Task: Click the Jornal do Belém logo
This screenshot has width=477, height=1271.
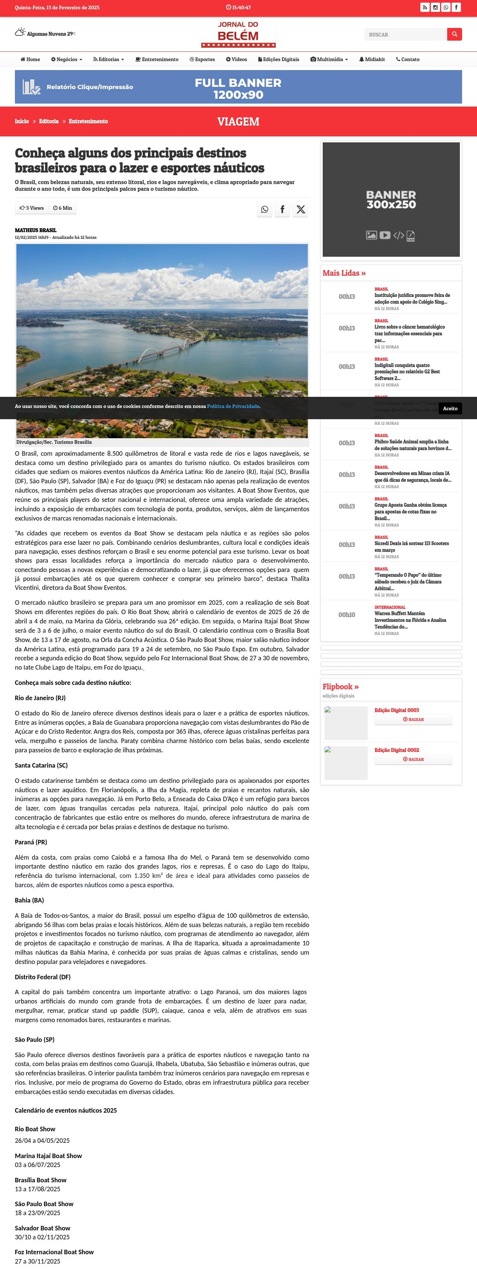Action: click(238, 34)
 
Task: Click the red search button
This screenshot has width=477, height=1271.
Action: click(454, 34)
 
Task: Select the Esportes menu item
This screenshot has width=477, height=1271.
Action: click(202, 59)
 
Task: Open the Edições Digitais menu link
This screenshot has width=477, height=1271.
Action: click(279, 59)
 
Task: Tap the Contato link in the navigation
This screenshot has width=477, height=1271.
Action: click(408, 59)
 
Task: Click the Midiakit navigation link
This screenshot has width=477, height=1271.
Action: click(372, 59)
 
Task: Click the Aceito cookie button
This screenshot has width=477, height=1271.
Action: click(450, 408)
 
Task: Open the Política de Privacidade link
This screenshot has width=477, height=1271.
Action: click(233, 407)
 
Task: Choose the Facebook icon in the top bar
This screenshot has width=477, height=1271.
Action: click(456, 7)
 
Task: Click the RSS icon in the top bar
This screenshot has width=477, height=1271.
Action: click(425, 7)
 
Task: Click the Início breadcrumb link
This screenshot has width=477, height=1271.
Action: click(22, 121)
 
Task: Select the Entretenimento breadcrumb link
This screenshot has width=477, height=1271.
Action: click(88, 121)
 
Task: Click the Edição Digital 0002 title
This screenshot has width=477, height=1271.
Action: click(397, 750)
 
